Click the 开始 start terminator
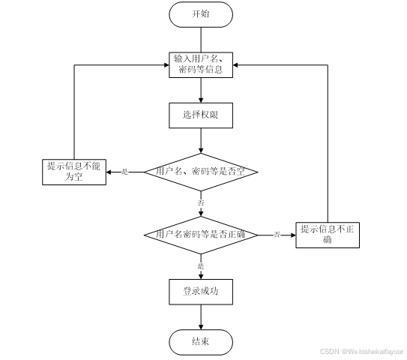click(200, 13)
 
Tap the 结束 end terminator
click(200, 343)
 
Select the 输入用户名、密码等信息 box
click(200, 65)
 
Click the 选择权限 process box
click(200, 115)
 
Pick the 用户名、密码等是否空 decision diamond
click(200, 172)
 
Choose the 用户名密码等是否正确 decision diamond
click(200, 235)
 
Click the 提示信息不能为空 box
click(73, 172)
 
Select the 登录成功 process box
click(200, 290)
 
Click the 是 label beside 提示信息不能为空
click(124, 172)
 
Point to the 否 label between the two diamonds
click(200, 203)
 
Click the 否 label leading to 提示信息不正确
click(277, 235)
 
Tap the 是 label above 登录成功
click(200, 265)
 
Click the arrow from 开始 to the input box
click(200, 39)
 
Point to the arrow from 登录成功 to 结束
click(200, 316)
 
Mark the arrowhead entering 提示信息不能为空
click(108, 172)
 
